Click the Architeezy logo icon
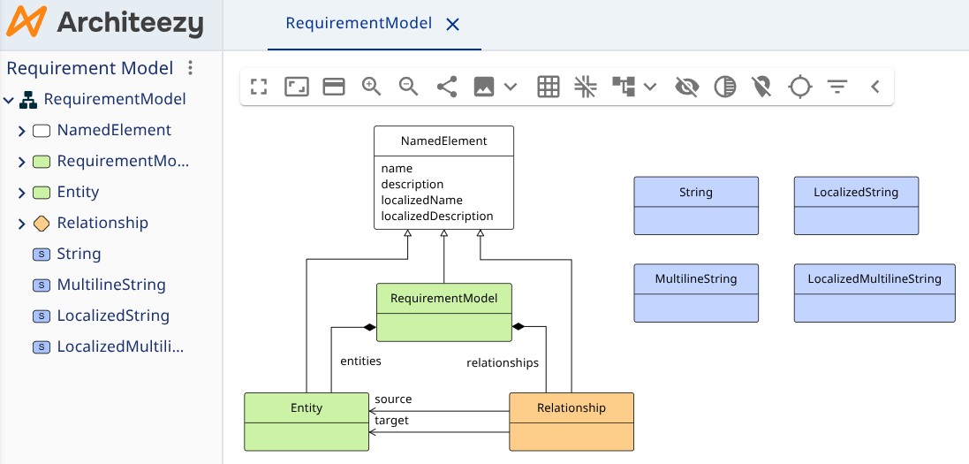(x=26, y=23)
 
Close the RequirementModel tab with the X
(x=453, y=25)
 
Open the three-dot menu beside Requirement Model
(x=190, y=68)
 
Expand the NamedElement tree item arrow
(x=22, y=131)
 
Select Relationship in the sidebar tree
(x=102, y=223)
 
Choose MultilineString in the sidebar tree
(x=111, y=285)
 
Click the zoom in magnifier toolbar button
(x=371, y=87)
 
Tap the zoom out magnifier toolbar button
(x=408, y=87)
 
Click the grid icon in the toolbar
(x=549, y=87)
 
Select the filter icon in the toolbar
(x=837, y=87)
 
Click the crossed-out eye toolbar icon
(x=686, y=87)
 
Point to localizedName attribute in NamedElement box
(x=421, y=200)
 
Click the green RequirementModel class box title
(x=443, y=299)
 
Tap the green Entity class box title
(x=307, y=408)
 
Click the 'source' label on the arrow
(x=393, y=399)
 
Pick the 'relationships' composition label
(x=502, y=362)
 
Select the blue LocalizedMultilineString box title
(x=874, y=279)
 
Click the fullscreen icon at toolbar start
(x=259, y=87)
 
